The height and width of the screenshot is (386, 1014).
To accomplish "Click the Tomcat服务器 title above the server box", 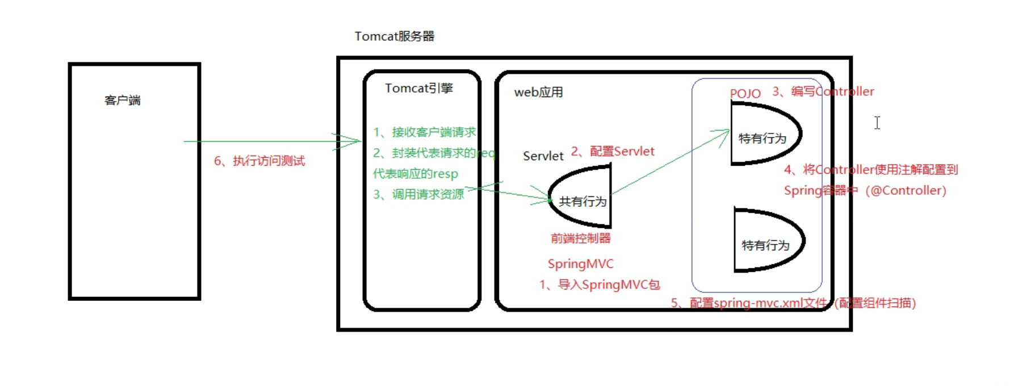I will click(394, 36).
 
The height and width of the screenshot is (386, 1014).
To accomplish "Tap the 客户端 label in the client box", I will click(123, 100).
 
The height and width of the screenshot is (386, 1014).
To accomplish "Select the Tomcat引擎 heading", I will click(419, 89).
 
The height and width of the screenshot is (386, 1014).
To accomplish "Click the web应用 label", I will click(538, 93).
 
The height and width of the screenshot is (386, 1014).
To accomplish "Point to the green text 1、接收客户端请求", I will click(424, 132).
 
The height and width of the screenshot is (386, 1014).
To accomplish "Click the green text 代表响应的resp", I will click(415, 174).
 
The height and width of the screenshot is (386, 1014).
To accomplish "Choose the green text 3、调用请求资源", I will click(418, 194).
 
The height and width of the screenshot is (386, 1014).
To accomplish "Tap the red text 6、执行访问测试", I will click(259, 161).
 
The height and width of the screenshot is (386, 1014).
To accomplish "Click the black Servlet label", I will click(543, 156).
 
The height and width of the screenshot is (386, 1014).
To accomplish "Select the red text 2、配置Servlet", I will click(613, 152).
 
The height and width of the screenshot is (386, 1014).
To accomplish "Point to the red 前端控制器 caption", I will click(580, 238).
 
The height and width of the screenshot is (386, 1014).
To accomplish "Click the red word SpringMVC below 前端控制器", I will click(580, 264).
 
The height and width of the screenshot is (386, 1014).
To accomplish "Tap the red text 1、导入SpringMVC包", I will click(600, 285).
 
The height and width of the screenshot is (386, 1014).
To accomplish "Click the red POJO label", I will click(745, 94).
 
